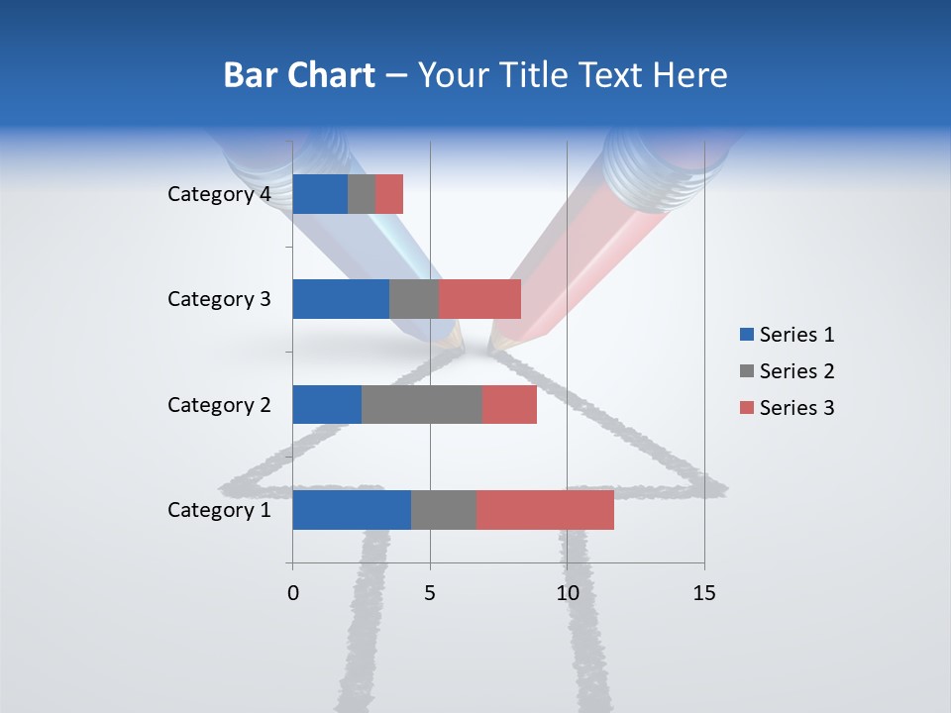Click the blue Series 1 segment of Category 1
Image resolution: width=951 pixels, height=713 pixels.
pos(351,510)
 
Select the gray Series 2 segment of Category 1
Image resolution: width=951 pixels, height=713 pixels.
pos(443,510)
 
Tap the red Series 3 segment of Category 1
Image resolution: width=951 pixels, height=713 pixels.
pos(545,510)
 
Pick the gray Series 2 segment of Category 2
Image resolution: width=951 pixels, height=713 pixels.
pos(421,404)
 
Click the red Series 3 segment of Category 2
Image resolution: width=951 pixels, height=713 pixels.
pos(509,404)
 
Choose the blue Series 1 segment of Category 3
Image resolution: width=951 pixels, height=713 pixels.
pos(340,299)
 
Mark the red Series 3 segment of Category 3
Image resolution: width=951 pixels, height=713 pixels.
pos(479,299)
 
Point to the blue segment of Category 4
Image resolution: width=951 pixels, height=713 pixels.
pos(319,194)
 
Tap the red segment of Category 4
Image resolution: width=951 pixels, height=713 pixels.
pos(389,194)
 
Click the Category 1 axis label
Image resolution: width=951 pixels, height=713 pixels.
pos(218,510)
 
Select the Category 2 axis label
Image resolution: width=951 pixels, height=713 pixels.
pos(218,404)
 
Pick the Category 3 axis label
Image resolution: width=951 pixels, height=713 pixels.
pos(218,299)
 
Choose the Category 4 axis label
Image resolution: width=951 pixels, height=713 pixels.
pos(218,194)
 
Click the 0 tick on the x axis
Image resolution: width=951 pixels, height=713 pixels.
pos(292,593)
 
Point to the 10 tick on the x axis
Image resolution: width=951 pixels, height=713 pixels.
pos(567,593)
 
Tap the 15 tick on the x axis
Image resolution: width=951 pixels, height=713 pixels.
pos(704,593)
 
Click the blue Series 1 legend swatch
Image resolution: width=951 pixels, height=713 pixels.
pos(746,335)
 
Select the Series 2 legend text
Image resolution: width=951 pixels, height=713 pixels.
pos(796,371)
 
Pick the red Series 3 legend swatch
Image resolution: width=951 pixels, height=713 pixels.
pos(746,408)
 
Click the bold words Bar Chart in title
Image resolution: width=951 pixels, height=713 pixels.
pos(299,75)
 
